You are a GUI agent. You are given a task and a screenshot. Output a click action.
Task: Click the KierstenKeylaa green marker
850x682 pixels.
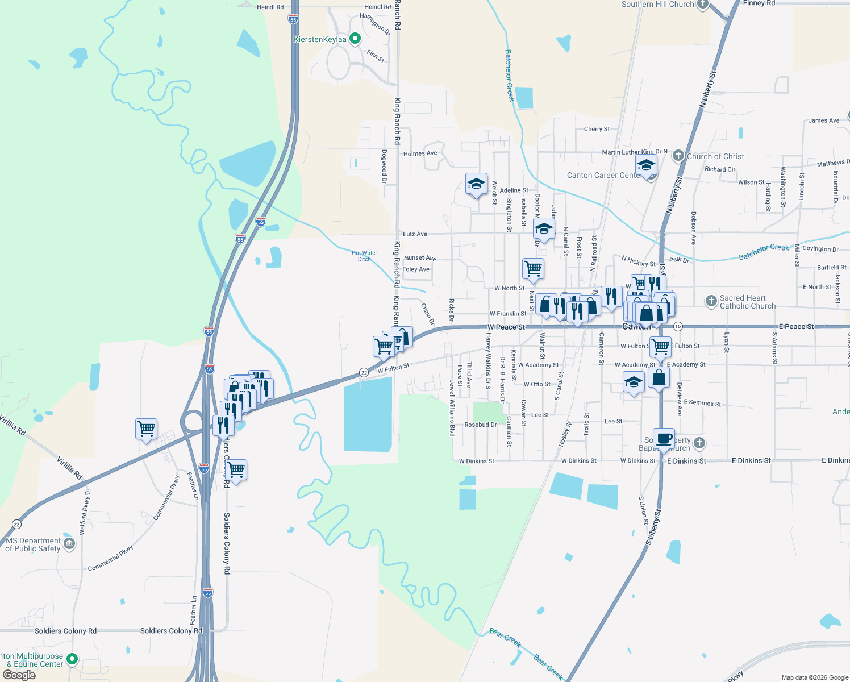[355, 39]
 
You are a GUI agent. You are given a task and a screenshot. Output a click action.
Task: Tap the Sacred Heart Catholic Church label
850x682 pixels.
[747, 302]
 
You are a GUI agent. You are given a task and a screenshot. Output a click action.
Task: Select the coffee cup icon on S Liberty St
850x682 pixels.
[664, 439]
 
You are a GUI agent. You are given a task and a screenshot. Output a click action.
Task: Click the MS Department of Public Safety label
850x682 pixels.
[33, 544]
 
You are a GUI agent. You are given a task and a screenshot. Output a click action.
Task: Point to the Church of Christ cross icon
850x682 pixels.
[678, 156]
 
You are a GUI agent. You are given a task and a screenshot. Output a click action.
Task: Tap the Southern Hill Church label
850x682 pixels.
[657, 4]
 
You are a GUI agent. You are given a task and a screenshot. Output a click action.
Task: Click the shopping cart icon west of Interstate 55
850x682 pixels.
[146, 429]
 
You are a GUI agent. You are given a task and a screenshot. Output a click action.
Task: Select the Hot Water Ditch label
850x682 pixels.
[364, 256]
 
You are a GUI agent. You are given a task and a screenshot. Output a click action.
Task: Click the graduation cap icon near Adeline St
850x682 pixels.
[476, 184]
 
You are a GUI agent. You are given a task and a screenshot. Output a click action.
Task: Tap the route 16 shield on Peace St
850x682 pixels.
[678, 326]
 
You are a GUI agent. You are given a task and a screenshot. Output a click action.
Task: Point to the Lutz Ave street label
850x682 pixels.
[415, 234]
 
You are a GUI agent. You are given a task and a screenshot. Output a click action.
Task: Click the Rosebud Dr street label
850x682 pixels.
[481, 425]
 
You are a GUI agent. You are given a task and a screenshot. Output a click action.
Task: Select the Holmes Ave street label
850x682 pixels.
[420, 153]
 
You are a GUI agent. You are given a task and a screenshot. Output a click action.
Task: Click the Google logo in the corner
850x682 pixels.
[19, 675]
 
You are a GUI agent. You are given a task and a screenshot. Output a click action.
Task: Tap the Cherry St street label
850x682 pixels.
[597, 129]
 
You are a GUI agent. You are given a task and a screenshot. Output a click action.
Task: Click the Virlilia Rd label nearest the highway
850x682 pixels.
[69, 466]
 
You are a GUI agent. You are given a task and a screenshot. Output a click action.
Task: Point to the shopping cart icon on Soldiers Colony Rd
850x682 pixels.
[236, 470]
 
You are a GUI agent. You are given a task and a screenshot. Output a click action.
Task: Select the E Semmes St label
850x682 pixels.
[702, 402]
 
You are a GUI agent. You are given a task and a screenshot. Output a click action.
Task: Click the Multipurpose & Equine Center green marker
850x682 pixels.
[72, 659]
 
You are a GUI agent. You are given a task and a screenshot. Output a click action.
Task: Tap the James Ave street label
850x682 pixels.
[824, 120]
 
